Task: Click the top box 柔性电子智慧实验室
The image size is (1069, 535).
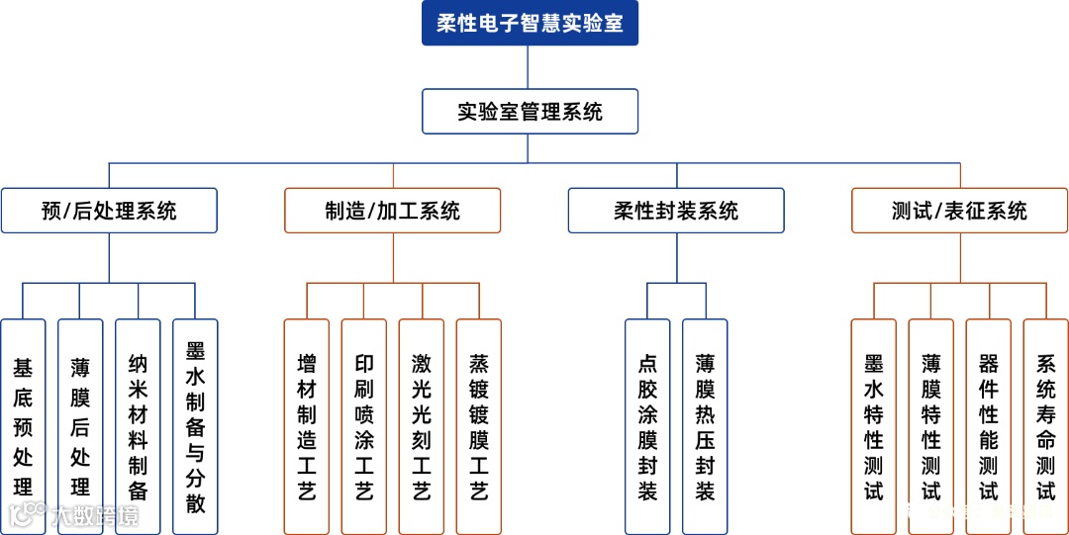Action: [x=530, y=24]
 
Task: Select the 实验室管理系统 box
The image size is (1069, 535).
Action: [x=530, y=112]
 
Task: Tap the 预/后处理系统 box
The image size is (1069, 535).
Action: [x=109, y=211]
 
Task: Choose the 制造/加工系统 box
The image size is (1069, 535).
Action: [x=393, y=211]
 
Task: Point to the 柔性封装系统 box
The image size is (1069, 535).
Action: [x=676, y=211]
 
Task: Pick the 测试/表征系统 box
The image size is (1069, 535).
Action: [x=959, y=211]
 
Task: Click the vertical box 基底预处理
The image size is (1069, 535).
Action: [x=23, y=426]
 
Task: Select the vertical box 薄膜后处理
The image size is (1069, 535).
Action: [x=80, y=426]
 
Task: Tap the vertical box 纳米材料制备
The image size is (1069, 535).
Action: [x=138, y=426]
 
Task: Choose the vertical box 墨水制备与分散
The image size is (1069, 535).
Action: [x=195, y=426]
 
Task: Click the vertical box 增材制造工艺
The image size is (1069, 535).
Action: [x=307, y=426]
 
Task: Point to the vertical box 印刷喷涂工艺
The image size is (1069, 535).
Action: [x=364, y=426]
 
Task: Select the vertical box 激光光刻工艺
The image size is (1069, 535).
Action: [x=422, y=426]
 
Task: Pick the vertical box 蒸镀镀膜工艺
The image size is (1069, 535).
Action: [x=479, y=426]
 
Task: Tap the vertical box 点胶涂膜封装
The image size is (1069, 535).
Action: [x=647, y=426]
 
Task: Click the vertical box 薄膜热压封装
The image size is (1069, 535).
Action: [x=705, y=426]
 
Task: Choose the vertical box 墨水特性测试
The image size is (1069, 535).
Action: [x=874, y=426]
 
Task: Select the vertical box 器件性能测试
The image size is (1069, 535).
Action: [x=989, y=426]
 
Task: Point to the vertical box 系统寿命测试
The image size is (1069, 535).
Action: [x=1046, y=426]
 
